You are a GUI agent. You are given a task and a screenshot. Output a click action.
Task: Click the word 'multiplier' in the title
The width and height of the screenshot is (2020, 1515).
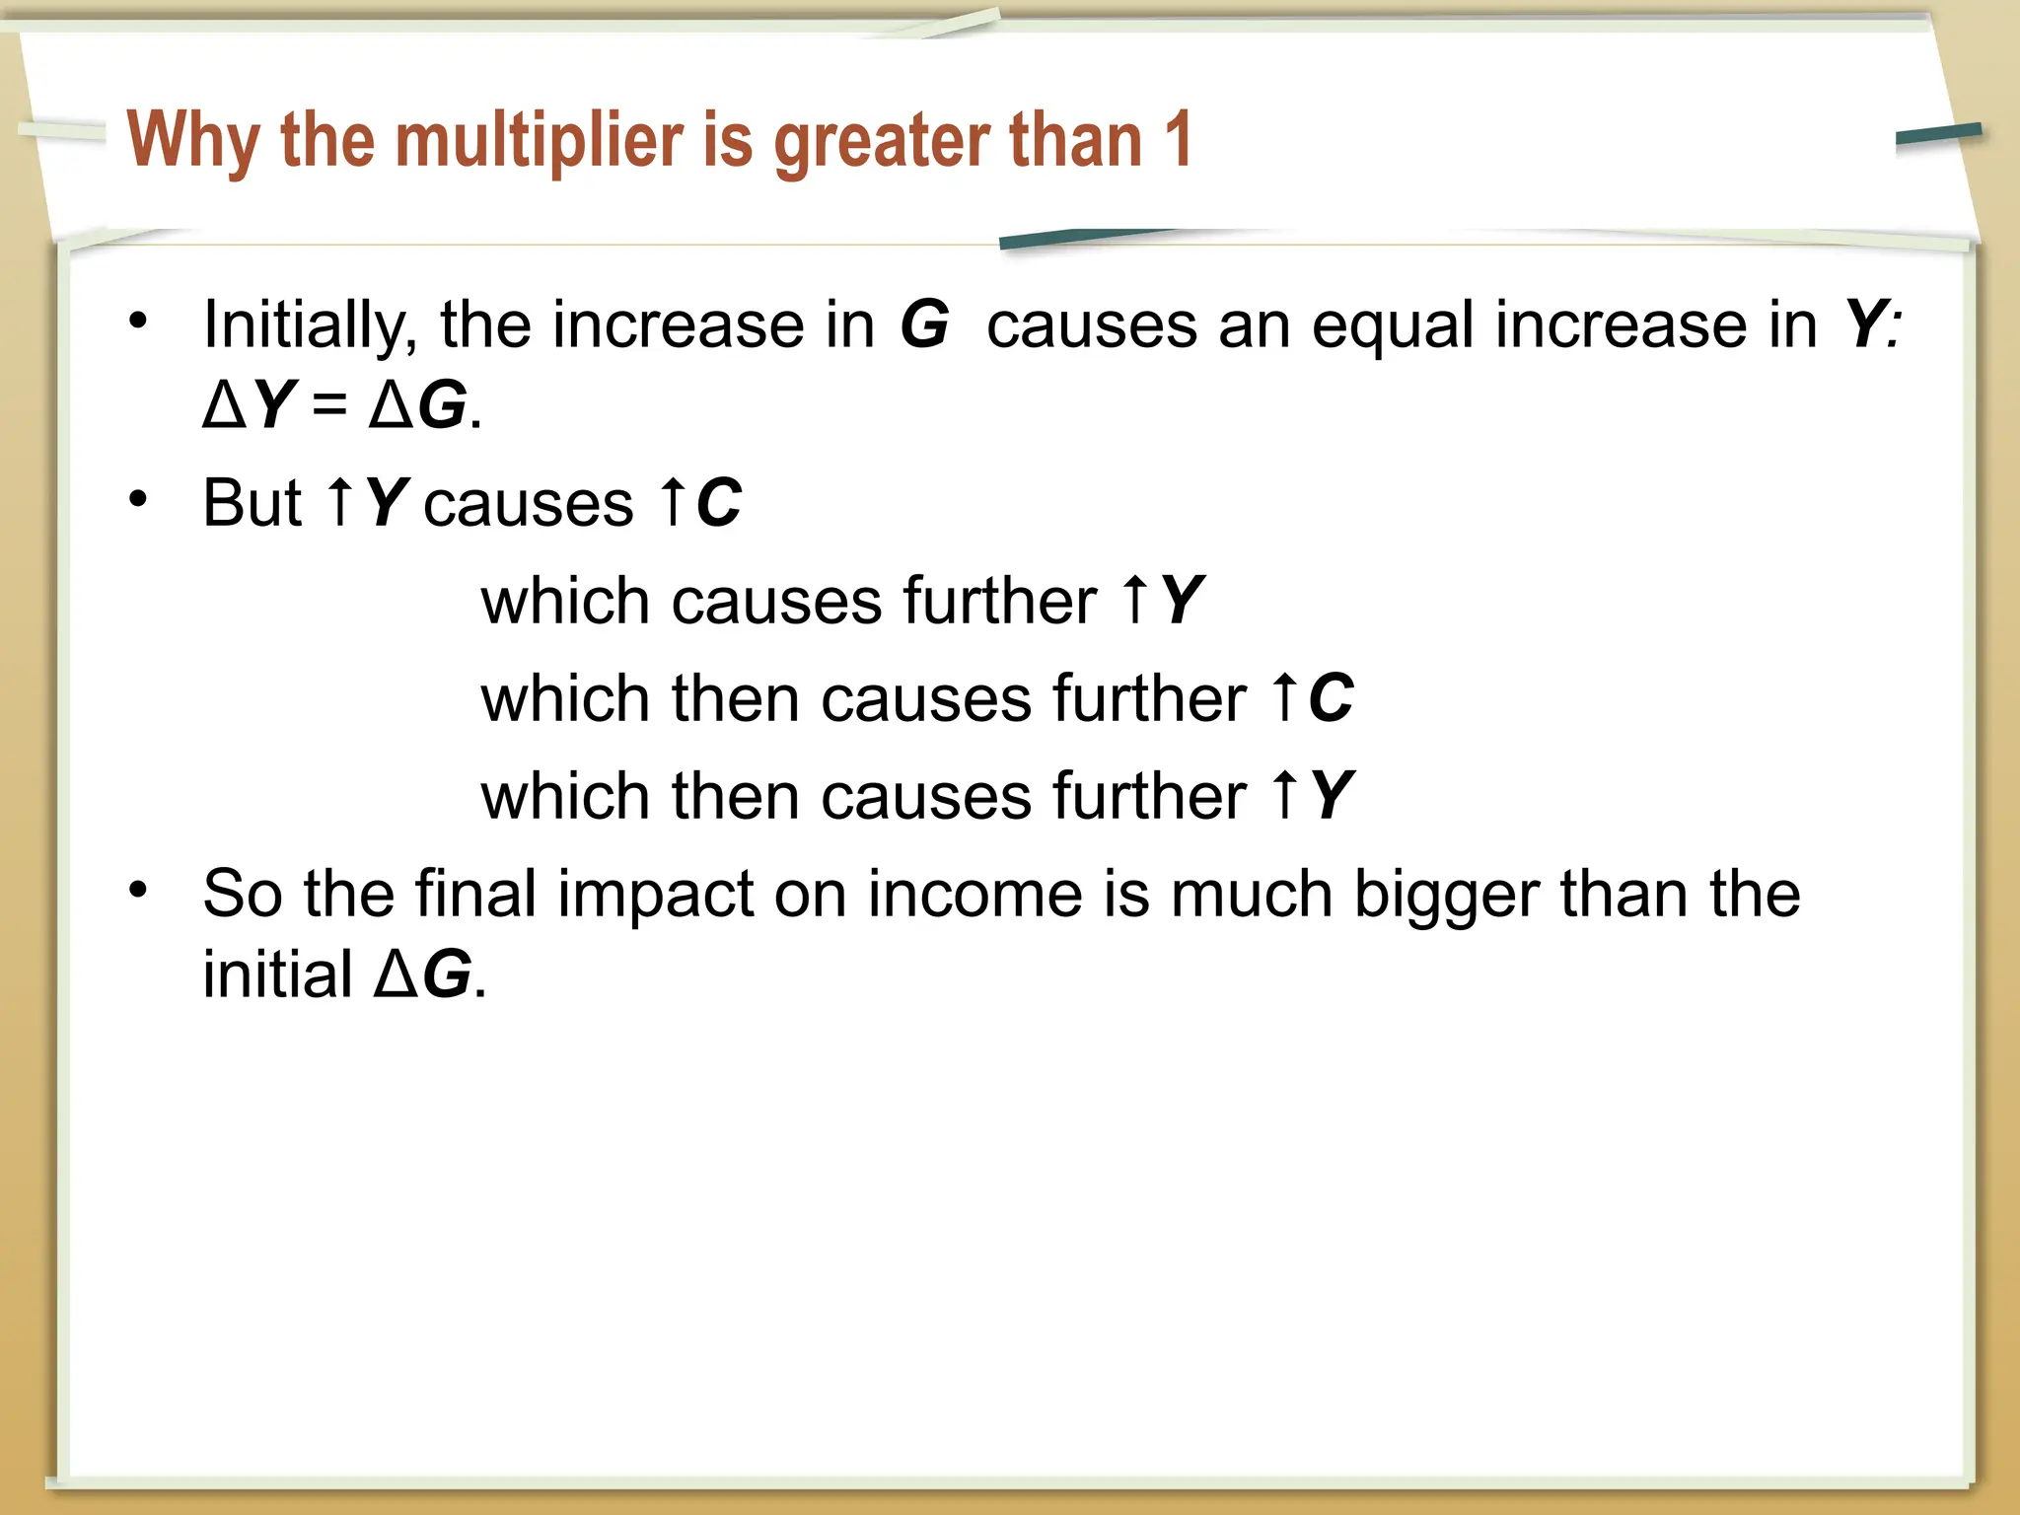click(x=540, y=140)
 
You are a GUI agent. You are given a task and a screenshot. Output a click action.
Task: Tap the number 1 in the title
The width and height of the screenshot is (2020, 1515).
click(x=1177, y=140)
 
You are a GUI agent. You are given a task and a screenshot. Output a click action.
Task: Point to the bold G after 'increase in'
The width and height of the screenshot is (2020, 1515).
click(x=924, y=325)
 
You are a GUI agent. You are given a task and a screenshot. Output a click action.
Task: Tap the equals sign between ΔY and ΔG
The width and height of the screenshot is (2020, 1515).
click(x=328, y=406)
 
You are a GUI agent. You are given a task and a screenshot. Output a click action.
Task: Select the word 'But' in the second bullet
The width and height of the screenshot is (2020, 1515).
click(x=252, y=503)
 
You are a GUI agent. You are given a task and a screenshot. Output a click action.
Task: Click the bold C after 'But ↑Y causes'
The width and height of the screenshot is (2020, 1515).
click(x=719, y=503)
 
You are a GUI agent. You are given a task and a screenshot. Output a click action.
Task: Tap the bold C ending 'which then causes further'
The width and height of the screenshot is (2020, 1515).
click(x=1331, y=698)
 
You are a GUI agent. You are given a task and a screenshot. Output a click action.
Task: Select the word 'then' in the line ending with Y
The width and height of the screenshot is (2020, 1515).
click(x=735, y=796)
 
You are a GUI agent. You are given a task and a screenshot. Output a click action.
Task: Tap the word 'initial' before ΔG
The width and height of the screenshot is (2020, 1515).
click(x=277, y=974)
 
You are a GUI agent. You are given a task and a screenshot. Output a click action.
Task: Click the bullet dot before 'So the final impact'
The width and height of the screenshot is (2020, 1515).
click(x=138, y=891)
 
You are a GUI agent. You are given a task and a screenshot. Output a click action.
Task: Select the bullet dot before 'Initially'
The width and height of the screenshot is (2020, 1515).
click(x=138, y=321)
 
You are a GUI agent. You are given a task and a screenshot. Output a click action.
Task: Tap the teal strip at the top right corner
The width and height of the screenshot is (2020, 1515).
click(x=1938, y=135)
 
